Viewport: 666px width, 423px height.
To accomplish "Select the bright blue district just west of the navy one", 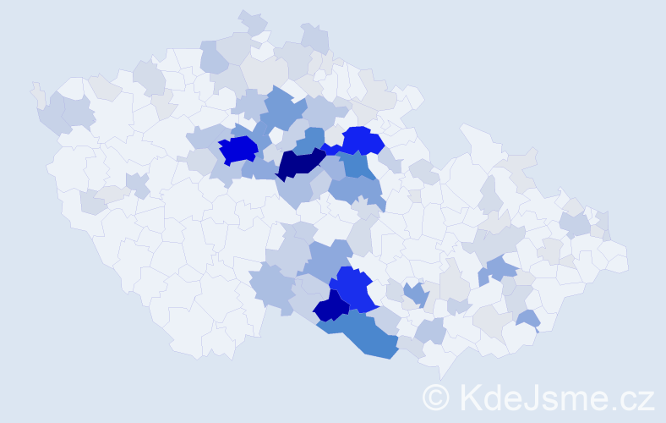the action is (238, 151).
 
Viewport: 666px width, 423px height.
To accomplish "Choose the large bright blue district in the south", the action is (353, 288).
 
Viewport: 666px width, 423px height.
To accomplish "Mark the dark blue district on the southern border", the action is (331, 306).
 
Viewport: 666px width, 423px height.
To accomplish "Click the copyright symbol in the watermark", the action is (437, 397).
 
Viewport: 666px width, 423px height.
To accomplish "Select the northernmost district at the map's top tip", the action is (252, 22).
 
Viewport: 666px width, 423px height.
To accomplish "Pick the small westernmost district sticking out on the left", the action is (36, 94).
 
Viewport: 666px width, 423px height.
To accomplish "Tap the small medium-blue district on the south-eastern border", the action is (527, 320).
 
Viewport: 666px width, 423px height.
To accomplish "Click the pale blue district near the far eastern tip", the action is (576, 224).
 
